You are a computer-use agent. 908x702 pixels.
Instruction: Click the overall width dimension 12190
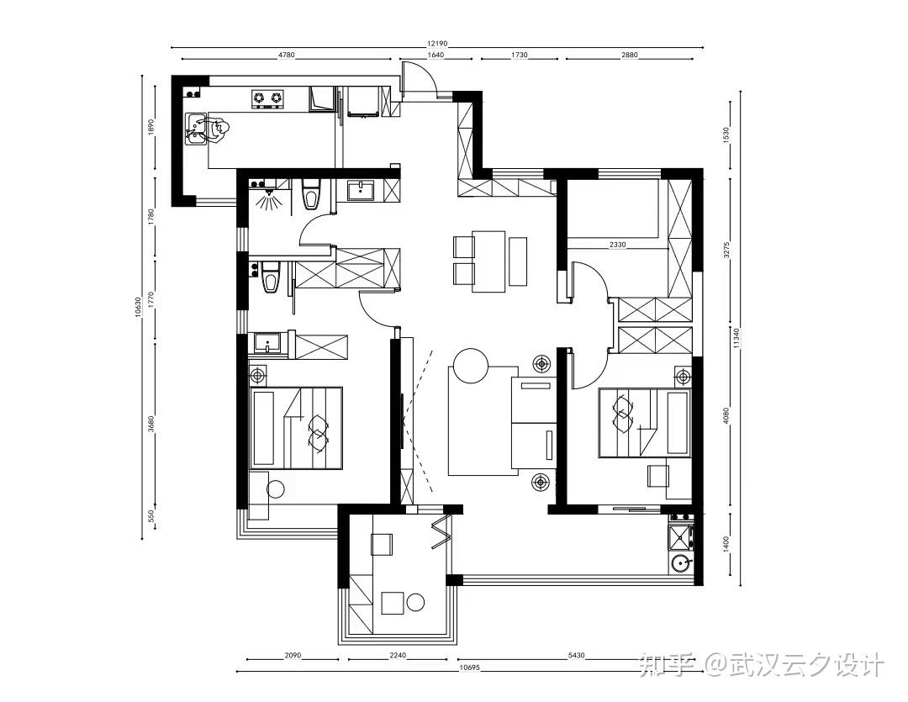click(438, 44)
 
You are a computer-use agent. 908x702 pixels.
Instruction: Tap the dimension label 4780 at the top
click(287, 55)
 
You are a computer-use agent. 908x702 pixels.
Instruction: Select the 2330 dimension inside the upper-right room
click(617, 245)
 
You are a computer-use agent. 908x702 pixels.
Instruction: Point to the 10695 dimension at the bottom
click(469, 668)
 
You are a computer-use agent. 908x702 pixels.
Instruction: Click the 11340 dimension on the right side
click(736, 338)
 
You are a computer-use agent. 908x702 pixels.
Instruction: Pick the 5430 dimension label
click(576, 656)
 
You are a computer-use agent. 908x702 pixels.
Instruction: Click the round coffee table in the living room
click(471, 365)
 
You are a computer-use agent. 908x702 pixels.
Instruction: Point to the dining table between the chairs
click(488, 261)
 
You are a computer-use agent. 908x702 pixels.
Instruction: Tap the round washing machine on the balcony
click(680, 562)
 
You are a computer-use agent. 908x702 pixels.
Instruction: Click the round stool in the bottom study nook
click(415, 602)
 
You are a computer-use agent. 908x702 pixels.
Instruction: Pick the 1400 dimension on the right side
click(726, 544)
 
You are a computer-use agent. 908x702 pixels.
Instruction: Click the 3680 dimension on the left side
click(151, 424)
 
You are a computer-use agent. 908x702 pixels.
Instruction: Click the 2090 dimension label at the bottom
click(293, 656)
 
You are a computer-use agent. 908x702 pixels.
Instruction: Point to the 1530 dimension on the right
click(726, 135)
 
